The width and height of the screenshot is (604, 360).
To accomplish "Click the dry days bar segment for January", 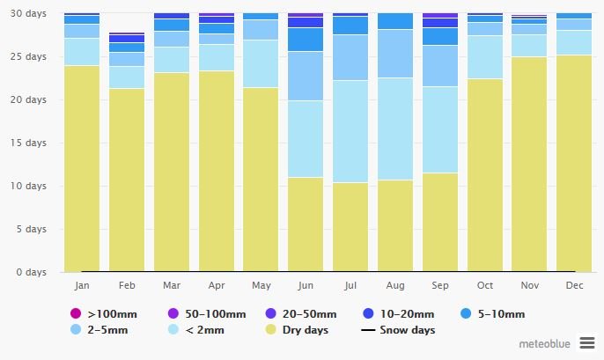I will pos(82,168).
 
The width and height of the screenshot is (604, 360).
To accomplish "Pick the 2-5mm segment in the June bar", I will pos(306,76).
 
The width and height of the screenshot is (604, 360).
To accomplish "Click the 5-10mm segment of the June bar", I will pos(306,40).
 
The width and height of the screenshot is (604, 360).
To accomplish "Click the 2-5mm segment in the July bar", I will pos(350,57).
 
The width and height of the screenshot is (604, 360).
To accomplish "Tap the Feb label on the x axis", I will pos(127,286).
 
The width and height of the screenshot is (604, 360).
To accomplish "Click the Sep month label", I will pos(440,286).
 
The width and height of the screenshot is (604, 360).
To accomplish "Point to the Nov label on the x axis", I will pos(529,286).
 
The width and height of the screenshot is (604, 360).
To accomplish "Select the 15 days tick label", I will pos(30,143).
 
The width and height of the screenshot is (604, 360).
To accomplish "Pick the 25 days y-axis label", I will pos(30,56).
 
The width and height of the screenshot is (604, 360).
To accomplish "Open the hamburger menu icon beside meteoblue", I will pos(586,342).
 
